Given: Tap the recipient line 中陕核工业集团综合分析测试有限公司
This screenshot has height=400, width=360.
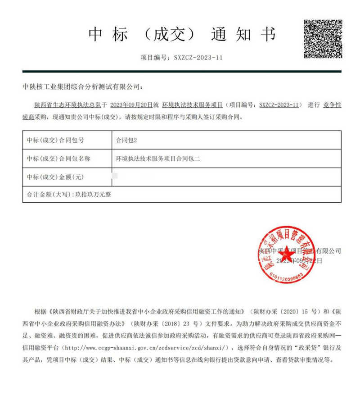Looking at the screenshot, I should (x=82, y=86).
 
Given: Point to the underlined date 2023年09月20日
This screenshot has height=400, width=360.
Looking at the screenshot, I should (x=134, y=105).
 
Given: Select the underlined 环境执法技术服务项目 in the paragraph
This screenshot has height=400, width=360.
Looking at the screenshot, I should (x=193, y=105).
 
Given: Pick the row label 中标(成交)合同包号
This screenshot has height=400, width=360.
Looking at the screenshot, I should (x=56, y=140).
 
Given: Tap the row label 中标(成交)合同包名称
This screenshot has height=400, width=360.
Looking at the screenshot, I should (x=59, y=159).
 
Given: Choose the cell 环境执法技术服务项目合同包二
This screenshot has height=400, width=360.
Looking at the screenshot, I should (x=157, y=159).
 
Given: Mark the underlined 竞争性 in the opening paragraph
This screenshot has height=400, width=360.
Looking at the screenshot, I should (x=332, y=105).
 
